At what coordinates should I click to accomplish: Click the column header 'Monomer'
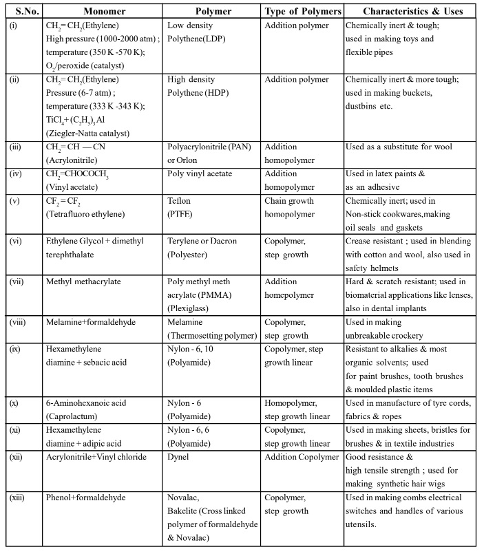coord(103,12)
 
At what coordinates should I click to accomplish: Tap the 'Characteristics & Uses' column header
coord(414,12)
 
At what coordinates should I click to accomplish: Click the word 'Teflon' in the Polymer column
coord(181,201)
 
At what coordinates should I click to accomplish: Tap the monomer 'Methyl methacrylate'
coord(84,281)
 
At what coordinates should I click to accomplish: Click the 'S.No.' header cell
coord(22,12)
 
